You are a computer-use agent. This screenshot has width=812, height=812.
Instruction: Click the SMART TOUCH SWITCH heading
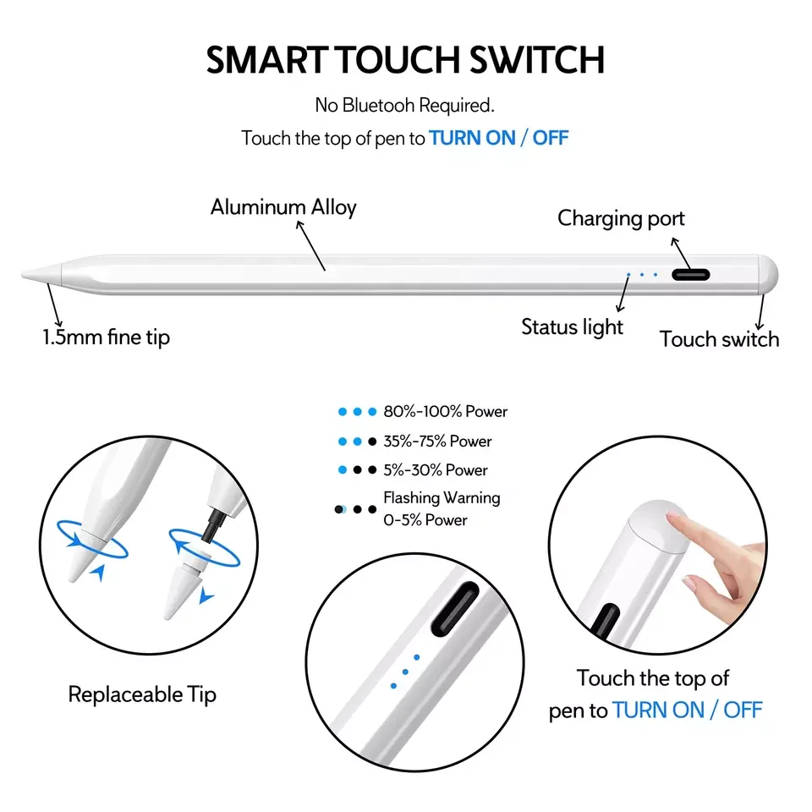point(405,59)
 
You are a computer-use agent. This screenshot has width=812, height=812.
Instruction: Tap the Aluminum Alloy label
point(283,207)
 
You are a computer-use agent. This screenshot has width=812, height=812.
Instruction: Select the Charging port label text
point(621,218)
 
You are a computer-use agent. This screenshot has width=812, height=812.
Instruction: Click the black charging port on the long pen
point(690,274)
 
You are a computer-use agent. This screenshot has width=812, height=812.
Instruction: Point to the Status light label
point(573,327)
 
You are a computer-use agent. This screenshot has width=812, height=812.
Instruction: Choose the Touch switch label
point(719,339)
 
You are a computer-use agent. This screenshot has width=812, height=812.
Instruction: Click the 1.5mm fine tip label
point(107,337)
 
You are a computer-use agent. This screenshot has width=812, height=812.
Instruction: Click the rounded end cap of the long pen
point(769,275)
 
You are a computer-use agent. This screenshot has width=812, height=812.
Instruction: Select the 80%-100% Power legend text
point(446,412)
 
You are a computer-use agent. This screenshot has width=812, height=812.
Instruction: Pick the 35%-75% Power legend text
point(437,442)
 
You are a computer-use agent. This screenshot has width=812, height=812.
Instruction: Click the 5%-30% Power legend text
point(436,470)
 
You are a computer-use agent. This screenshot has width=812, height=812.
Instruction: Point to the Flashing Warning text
point(442,498)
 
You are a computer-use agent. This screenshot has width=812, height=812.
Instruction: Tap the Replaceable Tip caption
point(142,695)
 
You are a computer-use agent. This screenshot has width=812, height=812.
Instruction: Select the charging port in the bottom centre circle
point(456,609)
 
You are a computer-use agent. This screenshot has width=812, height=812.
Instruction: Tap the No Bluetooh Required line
point(405,105)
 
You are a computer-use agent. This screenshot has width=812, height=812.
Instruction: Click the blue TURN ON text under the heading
point(472,138)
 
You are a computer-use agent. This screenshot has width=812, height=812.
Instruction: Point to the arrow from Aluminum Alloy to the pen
point(310,245)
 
